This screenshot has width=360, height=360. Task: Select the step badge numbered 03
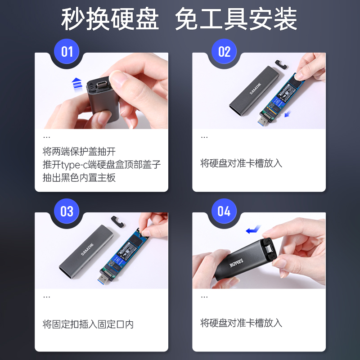click(x=67, y=211)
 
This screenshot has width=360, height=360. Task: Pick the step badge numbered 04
click(x=224, y=211)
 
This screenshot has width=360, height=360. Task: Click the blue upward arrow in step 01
click(x=77, y=83)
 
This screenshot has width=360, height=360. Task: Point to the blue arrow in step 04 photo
click(x=253, y=230)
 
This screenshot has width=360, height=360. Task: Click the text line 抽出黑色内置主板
click(x=79, y=178)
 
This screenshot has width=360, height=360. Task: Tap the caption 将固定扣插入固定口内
click(x=88, y=324)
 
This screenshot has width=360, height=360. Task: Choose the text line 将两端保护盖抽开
click(x=79, y=151)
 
